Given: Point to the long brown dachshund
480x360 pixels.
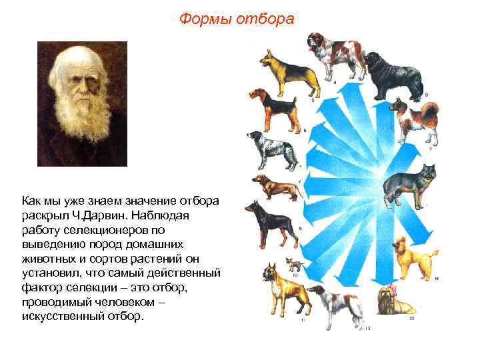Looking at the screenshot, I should [x=275, y=187].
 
